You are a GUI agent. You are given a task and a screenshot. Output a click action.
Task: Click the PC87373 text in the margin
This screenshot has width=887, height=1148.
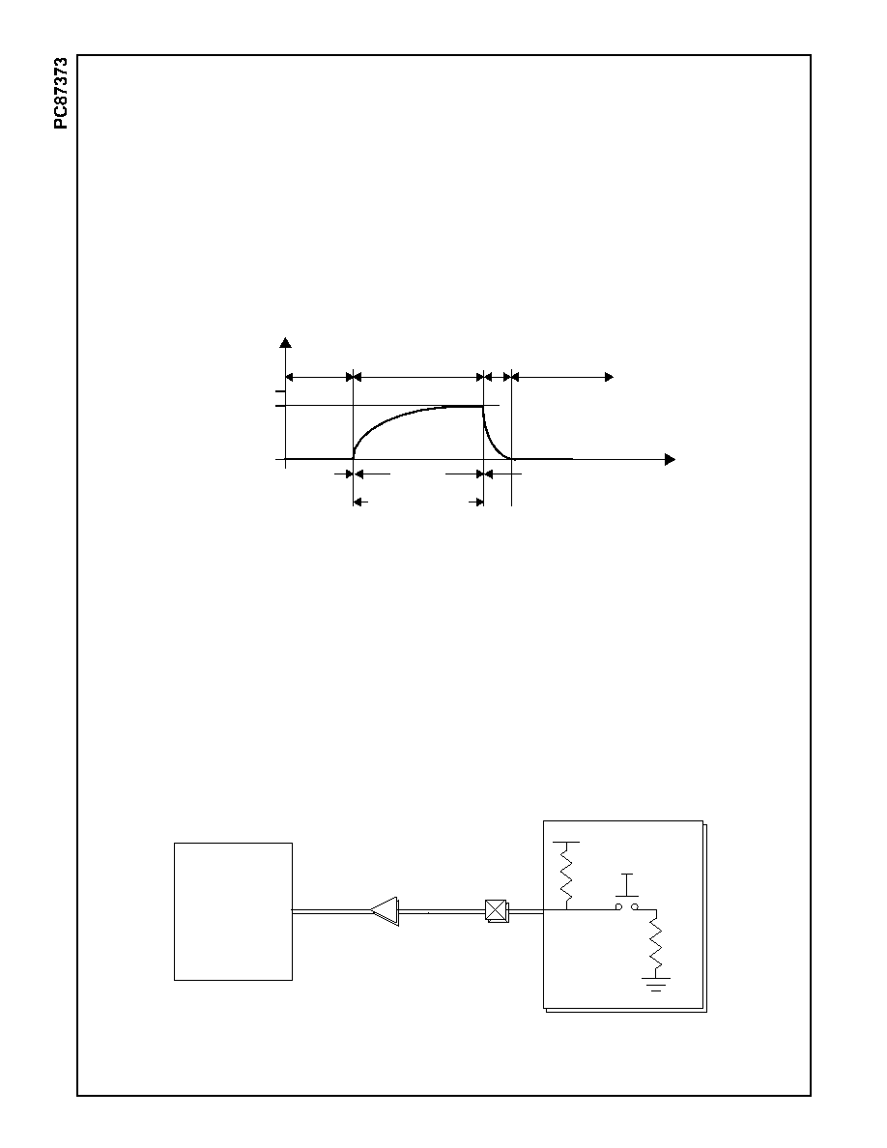pos(61,93)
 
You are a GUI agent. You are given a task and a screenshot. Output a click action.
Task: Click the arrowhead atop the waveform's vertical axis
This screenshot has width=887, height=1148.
pos(286,342)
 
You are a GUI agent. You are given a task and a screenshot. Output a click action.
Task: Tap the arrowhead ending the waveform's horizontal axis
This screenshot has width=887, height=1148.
pos(670,460)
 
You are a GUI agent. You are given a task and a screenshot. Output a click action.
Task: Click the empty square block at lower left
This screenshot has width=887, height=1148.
pos(234,911)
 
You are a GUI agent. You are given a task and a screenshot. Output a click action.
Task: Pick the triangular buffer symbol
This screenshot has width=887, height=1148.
pos(385,911)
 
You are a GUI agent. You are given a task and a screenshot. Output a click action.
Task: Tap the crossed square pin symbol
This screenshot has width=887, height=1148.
pos(497,911)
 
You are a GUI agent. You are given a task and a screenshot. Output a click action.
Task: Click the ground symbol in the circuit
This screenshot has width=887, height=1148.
pos(656,983)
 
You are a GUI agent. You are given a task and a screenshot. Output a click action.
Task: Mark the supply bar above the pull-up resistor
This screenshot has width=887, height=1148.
pos(566,843)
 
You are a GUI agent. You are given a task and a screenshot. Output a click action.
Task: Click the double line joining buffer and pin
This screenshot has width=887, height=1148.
pos(443,911)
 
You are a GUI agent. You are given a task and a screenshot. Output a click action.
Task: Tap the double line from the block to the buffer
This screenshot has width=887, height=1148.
pos(330,911)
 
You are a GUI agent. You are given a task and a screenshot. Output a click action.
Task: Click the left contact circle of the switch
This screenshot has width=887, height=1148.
pos(618,907)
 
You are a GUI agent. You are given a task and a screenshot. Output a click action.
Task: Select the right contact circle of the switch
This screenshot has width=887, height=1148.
pos(635,907)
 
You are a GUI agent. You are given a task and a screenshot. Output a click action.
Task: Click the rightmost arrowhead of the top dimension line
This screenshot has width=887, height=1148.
pos(609,377)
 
